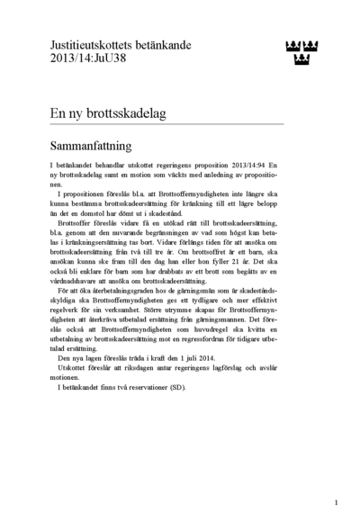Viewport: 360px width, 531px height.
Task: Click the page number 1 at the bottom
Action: (x=336, y=503)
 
